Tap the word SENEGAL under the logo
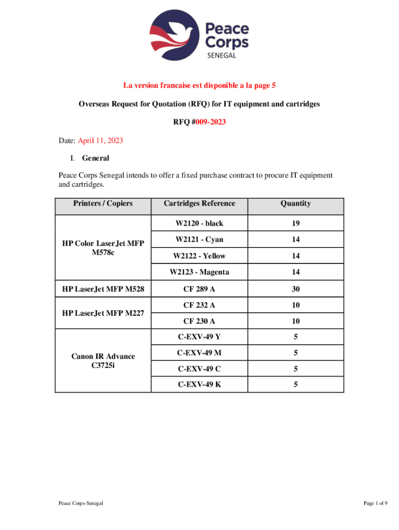coord(222,56)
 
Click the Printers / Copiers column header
coord(103,203)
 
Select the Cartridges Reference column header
coord(199,203)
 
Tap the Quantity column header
coord(295,203)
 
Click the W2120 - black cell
coord(199,224)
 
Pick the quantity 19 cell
coord(295,224)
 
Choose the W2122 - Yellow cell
coord(199,256)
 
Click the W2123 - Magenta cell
coord(199,272)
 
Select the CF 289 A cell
coord(199,289)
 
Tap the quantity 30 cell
coord(295,289)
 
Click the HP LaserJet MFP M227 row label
coord(103,313)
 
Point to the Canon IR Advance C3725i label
coord(103,361)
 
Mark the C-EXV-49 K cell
coord(199,385)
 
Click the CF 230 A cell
coord(199,321)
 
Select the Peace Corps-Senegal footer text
coord(80,503)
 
